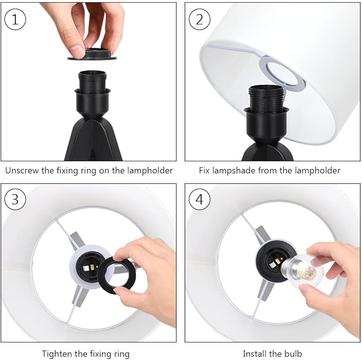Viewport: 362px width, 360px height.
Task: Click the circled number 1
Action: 15,19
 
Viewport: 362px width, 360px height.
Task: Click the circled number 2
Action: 199,19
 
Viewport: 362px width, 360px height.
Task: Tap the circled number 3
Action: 15,199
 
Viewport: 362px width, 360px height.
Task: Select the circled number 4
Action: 199,199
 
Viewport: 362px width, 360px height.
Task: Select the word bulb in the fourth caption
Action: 293,354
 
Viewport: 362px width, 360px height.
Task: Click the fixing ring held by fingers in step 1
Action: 92,54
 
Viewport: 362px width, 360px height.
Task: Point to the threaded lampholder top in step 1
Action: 92,81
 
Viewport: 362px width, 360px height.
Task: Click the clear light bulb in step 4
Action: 302,272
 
